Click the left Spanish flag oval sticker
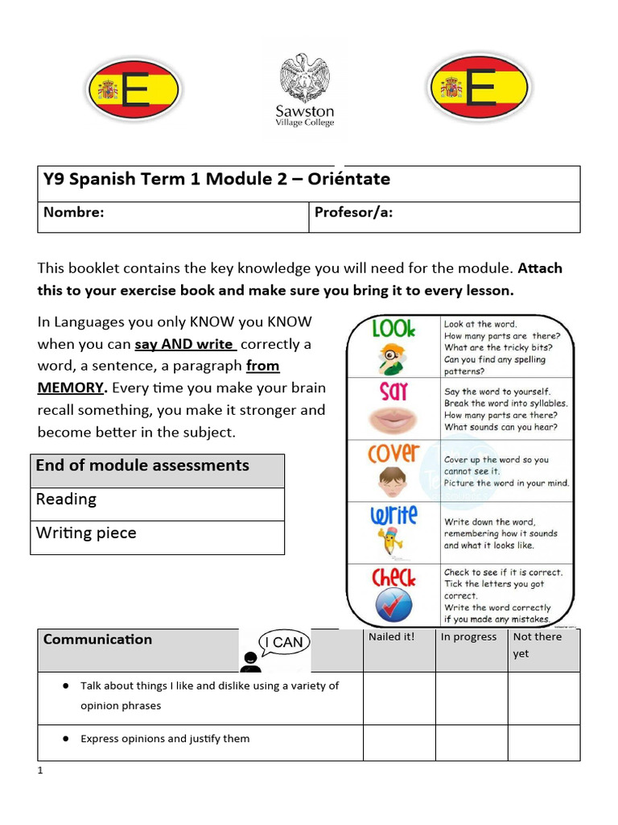134,89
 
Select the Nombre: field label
73,213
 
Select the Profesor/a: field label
353,213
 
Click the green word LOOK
393,330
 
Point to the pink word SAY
393,392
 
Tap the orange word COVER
393,454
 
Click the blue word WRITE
393,516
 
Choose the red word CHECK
393,577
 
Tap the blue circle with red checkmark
393,605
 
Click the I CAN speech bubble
283,643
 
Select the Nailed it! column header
391,637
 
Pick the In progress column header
468,637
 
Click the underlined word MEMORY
72,388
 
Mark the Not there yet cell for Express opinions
543,742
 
